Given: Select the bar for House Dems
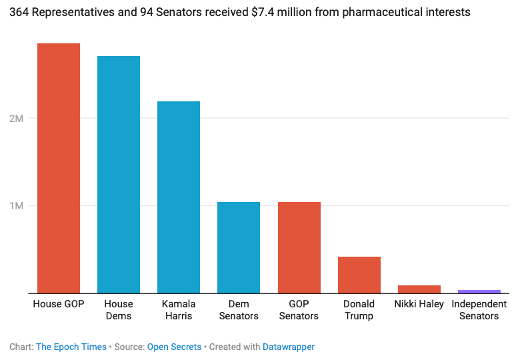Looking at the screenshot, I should (119, 174).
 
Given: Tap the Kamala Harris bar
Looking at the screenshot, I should (179, 197).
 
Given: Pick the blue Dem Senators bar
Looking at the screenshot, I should (239, 247).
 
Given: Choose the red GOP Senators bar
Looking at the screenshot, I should (299, 247).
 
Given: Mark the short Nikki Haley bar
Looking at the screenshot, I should (419, 289).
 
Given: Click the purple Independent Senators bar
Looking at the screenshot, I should (479, 291).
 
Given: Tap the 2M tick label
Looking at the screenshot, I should (17, 119).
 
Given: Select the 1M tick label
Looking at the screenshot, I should (17, 205).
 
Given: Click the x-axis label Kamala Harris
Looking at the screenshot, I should (179, 310).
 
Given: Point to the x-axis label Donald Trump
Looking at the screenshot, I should (359, 310).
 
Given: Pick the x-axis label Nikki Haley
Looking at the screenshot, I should (419, 304).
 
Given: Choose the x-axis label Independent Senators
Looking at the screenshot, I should (479, 310).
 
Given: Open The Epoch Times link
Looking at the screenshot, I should (71, 347).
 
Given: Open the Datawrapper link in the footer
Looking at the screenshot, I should (289, 347).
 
